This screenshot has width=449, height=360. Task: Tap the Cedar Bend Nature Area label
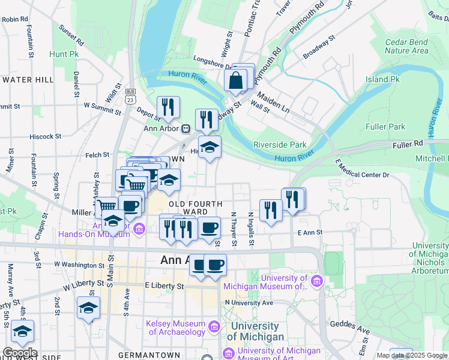click(x=406, y=46)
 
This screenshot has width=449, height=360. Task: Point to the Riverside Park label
click(x=280, y=145)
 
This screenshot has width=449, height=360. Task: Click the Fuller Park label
click(x=384, y=127)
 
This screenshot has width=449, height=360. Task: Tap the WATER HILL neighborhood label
click(x=28, y=79)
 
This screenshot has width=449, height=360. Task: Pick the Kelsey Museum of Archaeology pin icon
click(x=214, y=327)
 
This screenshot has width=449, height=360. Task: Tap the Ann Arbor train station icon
click(x=186, y=127)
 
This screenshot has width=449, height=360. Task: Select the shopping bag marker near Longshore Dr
click(x=237, y=80)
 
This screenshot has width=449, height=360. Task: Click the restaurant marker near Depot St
click(x=168, y=107)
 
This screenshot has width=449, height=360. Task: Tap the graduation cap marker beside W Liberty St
click(x=88, y=308)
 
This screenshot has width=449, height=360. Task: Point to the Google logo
click(x=19, y=353)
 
